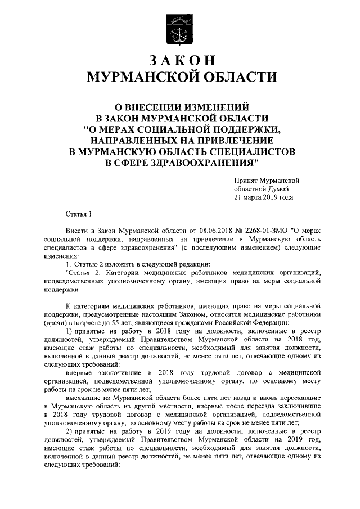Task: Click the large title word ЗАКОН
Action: [180, 60]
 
